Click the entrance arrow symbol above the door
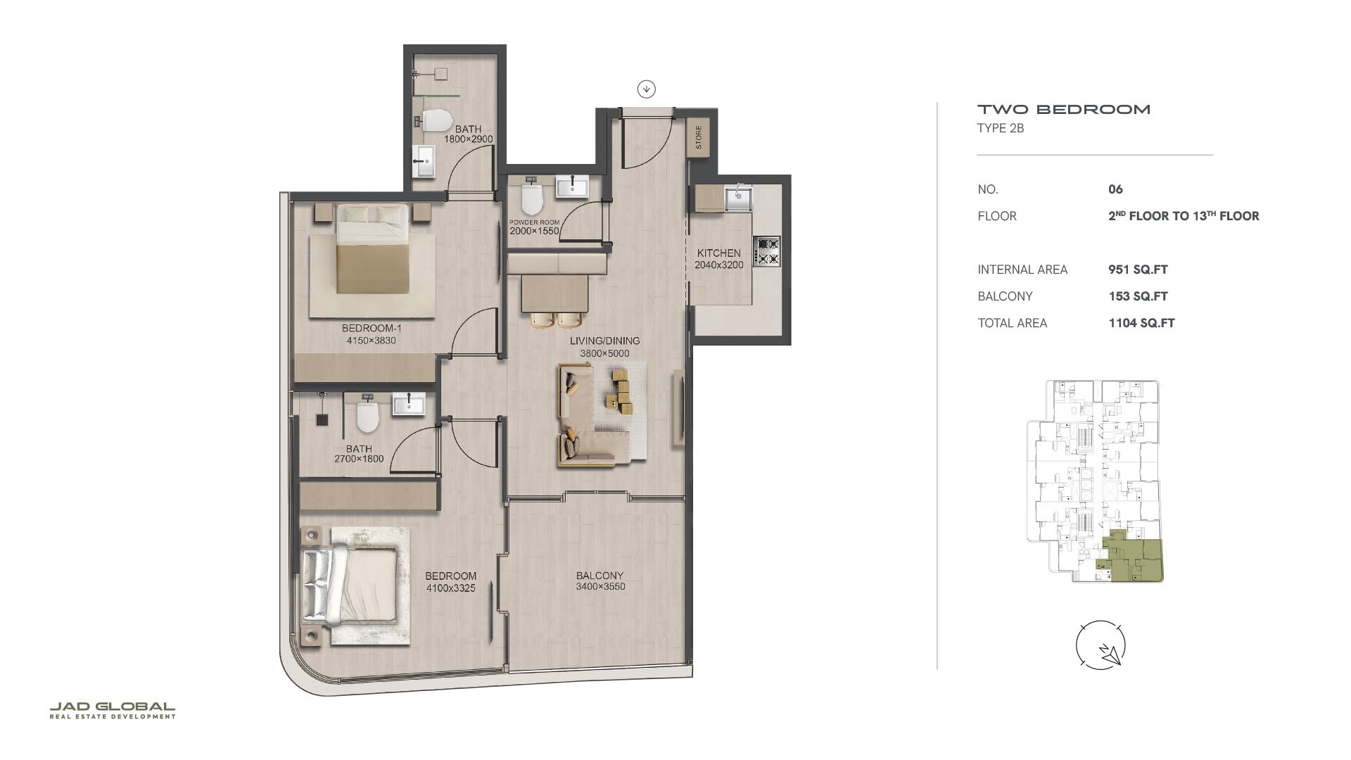click(647, 89)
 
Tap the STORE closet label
click(699, 137)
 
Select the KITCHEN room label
click(718, 253)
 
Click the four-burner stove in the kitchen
click(767, 251)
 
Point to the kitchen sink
click(739, 198)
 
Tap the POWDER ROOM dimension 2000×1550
click(534, 231)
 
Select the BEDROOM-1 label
click(372, 328)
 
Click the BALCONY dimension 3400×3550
click(600, 586)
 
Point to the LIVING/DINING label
click(605, 341)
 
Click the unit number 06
click(1115, 189)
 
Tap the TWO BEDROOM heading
click(1064, 109)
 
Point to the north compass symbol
click(1101, 645)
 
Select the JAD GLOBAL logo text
click(113, 707)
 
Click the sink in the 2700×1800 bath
click(409, 404)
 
